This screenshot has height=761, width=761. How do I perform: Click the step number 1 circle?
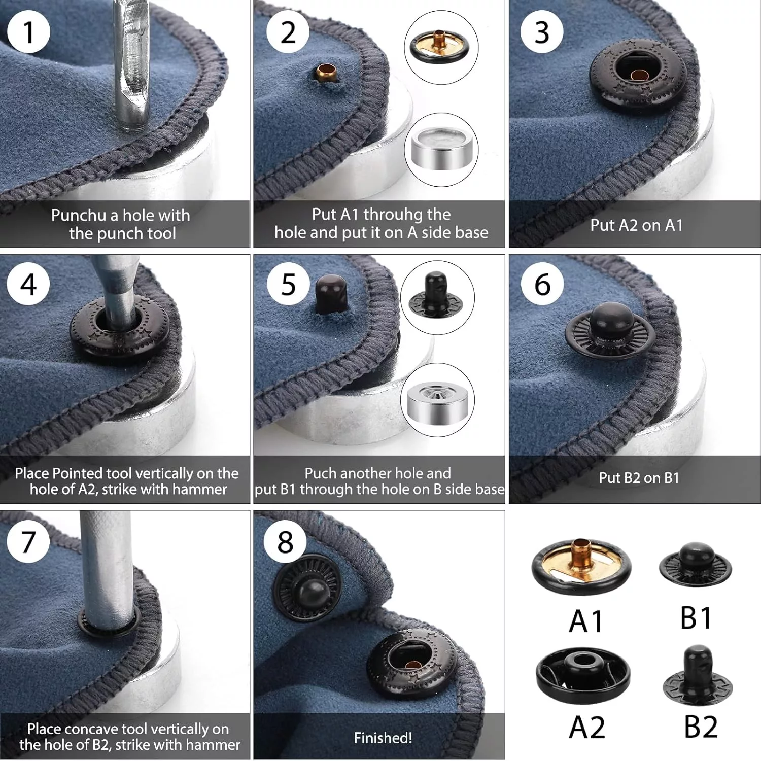[29, 32]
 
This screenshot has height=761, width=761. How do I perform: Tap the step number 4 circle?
[28, 284]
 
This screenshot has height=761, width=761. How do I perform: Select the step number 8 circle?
[285, 541]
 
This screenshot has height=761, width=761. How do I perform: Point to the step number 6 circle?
[542, 284]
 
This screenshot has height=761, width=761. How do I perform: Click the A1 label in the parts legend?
[586, 621]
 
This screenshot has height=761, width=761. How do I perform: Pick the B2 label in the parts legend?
[701, 727]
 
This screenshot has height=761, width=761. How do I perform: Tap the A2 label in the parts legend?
[587, 727]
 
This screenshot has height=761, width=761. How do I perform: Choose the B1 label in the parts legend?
[696, 617]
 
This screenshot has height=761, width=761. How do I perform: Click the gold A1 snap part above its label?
[581, 566]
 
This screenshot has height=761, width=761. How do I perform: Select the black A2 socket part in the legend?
[583, 675]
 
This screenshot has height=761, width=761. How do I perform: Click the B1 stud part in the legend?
[696, 564]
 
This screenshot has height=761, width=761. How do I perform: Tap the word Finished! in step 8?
[383, 738]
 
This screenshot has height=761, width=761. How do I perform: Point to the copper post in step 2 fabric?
[325, 74]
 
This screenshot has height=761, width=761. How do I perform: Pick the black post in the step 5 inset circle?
[435, 294]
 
